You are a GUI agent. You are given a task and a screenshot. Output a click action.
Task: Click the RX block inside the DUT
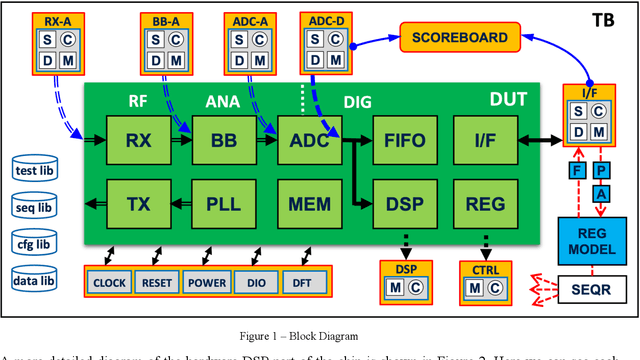click(x=138, y=141)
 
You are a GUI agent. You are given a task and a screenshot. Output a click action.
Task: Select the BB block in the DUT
click(x=225, y=141)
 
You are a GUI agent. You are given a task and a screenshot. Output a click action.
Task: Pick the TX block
click(x=138, y=205)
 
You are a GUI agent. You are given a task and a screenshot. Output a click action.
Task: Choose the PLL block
click(x=225, y=205)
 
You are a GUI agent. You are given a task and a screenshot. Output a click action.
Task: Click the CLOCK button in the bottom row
click(x=110, y=283)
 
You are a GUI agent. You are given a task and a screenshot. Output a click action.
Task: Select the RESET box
click(x=158, y=283)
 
